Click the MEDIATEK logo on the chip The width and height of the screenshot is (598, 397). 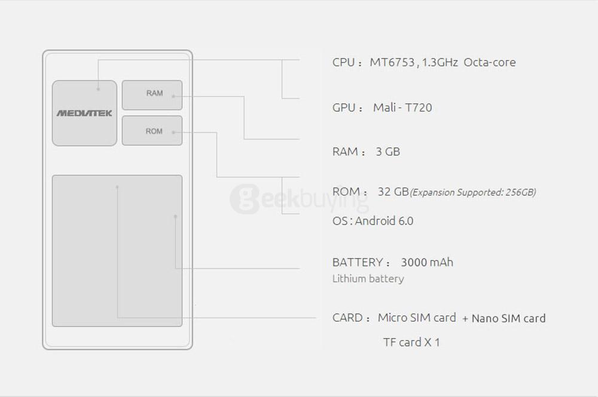(84, 113)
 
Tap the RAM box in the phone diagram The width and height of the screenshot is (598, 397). (152, 95)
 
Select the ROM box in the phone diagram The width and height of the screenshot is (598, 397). (152, 131)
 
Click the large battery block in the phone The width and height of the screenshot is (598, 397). (117, 251)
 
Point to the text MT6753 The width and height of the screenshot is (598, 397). (392, 62)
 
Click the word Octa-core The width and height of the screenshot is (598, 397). (490, 62)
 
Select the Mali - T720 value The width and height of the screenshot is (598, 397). (402, 108)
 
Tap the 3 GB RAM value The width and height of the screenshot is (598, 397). (388, 151)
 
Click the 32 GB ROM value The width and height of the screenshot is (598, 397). (393, 191)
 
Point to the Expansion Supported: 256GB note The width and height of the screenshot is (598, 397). (473, 192)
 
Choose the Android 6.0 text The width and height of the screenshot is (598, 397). (384, 221)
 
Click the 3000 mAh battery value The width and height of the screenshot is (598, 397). (427, 262)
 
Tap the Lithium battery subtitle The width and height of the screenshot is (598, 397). (368, 278)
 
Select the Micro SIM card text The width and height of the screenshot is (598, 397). (417, 317)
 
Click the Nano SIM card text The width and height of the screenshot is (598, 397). (508, 319)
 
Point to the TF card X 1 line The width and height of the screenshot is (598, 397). (411, 342)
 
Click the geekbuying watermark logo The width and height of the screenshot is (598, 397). (300, 199)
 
